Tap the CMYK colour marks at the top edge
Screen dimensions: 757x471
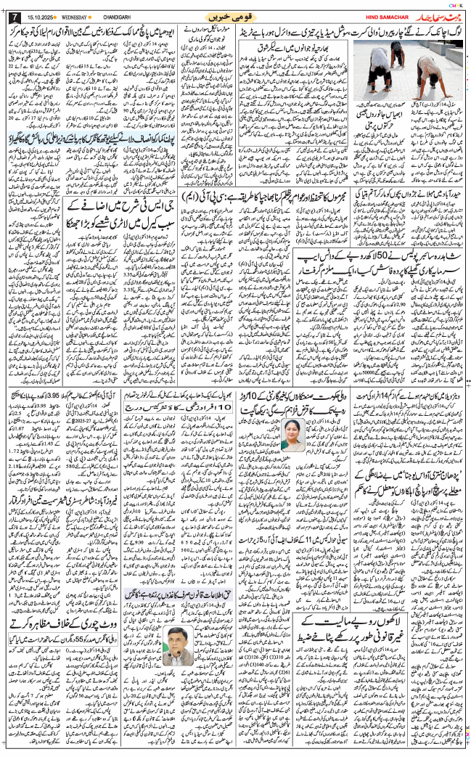(453, 4)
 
